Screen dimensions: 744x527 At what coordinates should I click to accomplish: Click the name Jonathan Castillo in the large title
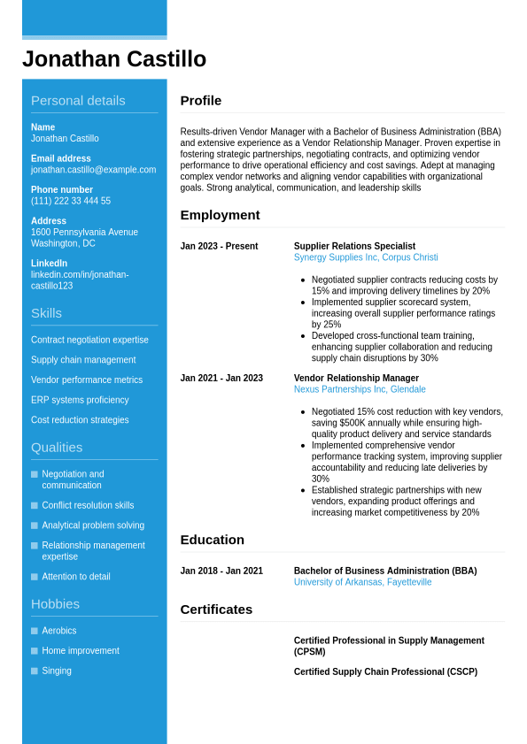pos(114,59)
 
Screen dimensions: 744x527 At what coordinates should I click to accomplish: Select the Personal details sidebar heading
pos(78,101)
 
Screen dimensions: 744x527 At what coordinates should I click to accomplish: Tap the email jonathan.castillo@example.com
pos(93,170)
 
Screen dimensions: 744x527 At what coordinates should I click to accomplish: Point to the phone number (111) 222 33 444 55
pos(71,201)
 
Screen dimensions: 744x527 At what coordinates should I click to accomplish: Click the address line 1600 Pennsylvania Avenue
pos(84,232)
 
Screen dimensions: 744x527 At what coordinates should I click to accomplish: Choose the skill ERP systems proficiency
pos(80,400)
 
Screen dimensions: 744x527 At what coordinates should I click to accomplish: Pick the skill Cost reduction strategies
pos(80,420)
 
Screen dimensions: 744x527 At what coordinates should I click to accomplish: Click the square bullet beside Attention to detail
pos(35,577)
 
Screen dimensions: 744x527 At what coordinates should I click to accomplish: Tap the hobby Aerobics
pos(59,631)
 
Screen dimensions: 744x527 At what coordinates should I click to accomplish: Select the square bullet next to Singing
pos(35,671)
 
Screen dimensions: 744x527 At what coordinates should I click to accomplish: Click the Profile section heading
pos(201,101)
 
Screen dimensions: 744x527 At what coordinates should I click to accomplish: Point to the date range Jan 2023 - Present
pos(219,247)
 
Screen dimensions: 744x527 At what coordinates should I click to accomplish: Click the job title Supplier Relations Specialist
pos(354,247)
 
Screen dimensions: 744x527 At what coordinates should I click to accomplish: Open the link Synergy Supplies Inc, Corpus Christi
pos(366,257)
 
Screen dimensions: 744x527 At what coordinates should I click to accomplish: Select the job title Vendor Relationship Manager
pos(356,379)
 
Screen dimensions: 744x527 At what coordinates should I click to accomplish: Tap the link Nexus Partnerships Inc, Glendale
pos(360,389)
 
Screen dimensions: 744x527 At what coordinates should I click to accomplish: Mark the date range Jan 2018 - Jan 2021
pos(221,571)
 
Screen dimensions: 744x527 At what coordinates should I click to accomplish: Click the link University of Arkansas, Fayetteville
pos(362,582)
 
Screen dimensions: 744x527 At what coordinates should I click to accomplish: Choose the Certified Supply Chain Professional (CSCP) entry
pos(385,672)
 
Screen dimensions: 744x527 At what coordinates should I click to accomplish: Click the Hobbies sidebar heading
pos(55,604)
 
